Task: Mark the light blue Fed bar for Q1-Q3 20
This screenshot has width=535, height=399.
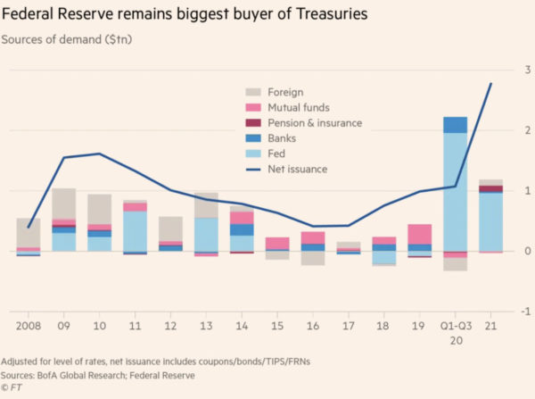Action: [x=455, y=192]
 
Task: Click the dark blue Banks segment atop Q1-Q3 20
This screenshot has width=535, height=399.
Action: [x=455, y=125]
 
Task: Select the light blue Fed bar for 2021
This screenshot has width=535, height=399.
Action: [x=490, y=221]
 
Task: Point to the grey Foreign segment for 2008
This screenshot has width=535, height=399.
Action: [x=29, y=232]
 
